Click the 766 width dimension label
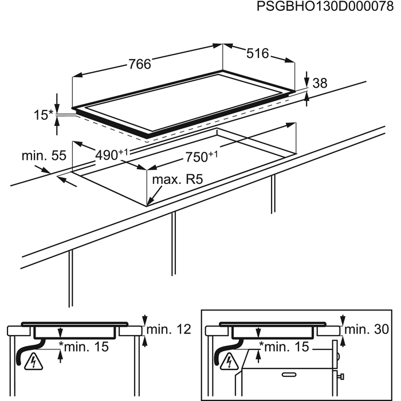click(139, 65)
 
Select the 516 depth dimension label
click(257, 53)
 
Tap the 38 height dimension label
click(320, 84)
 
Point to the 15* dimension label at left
click(42, 116)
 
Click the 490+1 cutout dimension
click(111, 154)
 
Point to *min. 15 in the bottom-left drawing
click(86, 347)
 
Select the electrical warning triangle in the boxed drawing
click(230, 362)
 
